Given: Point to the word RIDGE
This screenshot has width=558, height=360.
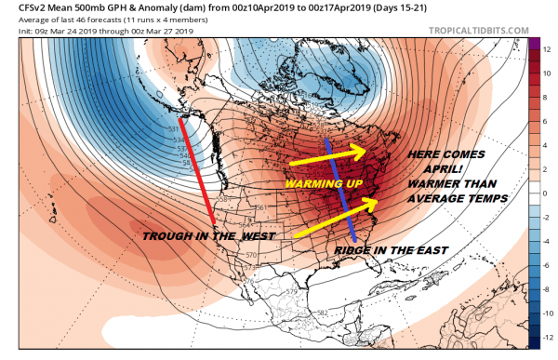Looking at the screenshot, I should [357, 251].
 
